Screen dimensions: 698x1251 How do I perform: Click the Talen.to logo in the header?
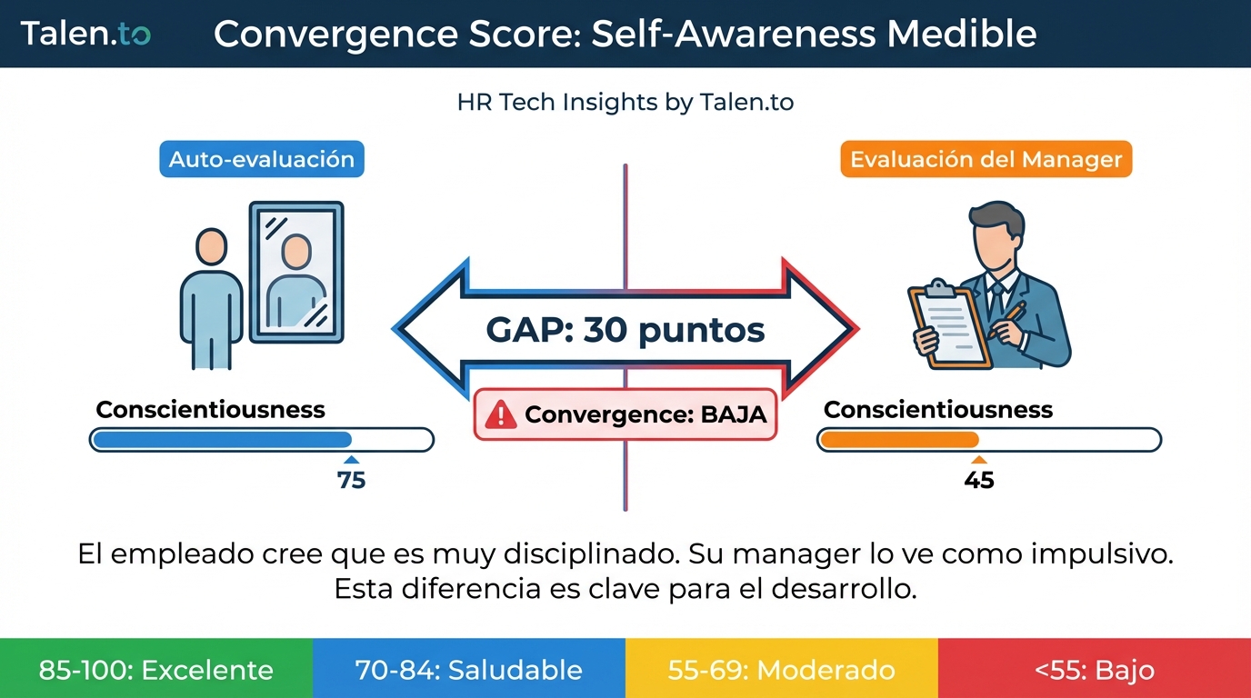coord(85,34)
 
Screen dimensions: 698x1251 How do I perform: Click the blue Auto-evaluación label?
coord(262,159)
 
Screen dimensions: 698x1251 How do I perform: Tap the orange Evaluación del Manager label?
coord(986,160)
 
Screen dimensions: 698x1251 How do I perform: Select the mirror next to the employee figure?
coord(296,272)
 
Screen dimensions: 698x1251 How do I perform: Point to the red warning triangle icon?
coord(501,415)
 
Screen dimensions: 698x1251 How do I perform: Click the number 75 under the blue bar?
coord(351,480)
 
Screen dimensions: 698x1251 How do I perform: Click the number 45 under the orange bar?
coord(979,480)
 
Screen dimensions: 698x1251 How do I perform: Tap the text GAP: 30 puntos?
coord(625,330)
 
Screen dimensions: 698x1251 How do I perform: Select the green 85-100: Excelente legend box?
coord(156,670)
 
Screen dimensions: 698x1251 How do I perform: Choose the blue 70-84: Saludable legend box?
coord(468,670)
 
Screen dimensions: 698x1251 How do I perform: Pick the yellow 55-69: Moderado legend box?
coord(781,670)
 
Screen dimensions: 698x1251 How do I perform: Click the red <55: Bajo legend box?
coord(1095,670)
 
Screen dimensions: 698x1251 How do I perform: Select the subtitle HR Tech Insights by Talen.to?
coord(625,103)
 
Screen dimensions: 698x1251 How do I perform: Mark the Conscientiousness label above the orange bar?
coord(937,409)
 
